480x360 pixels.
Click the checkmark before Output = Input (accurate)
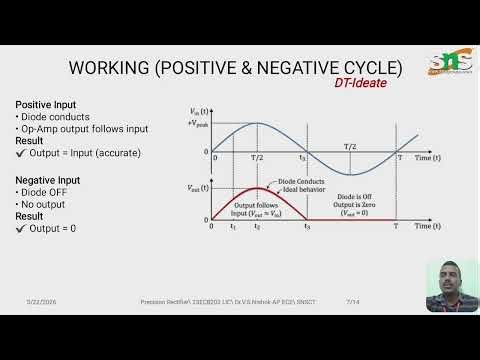click(21, 153)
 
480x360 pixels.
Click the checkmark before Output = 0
click(21, 228)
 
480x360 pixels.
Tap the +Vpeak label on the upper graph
click(193, 121)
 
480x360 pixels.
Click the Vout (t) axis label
click(198, 187)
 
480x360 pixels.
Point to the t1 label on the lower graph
click(233, 228)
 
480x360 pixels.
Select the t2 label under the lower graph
click(257, 228)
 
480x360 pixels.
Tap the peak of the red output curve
click(257, 187)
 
